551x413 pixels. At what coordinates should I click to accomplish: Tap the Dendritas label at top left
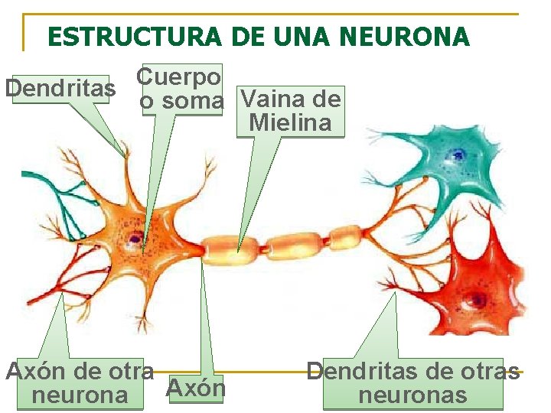(x=60, y=89)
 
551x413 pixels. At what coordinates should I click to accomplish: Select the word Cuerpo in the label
(x=179, y=76)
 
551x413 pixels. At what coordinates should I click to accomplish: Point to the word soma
(x=192, y=100)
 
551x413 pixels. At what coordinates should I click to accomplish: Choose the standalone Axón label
(x=196, y=389)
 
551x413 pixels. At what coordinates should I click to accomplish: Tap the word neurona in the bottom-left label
(x=79, y=395)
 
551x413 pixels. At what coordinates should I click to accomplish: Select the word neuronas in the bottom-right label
(x=412, y=395)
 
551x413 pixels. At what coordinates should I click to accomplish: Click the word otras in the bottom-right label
(x=487, y=372)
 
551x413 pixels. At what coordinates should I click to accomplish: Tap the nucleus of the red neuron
(x=480, y=298)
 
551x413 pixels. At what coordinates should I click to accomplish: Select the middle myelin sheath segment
(x=295, y=242)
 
